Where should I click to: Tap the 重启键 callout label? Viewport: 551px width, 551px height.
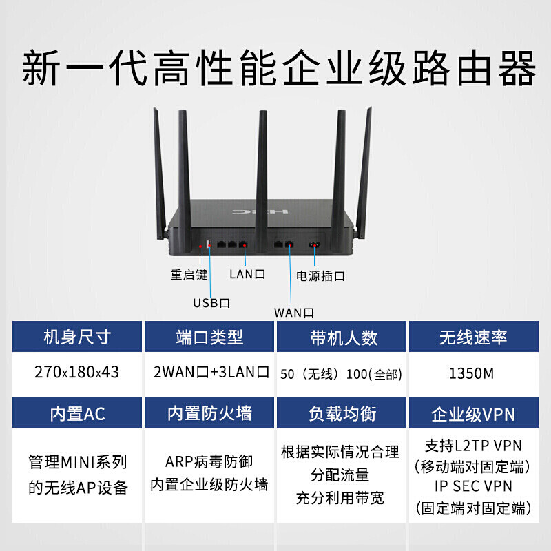[189, 273]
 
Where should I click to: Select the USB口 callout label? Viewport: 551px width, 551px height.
[211, 302]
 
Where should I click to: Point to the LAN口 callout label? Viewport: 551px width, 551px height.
[247, 273]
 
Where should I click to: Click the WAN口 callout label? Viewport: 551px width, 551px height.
[294, 312]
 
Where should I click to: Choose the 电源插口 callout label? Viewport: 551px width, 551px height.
[320, 276]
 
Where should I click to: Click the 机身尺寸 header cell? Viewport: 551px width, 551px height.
[76, 337]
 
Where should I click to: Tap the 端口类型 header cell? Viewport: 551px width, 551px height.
[209, 337]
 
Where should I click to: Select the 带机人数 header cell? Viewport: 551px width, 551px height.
[342, 337]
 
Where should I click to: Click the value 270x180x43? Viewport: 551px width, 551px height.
[76, 373]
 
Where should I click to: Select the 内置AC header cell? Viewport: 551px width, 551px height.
[76, 413]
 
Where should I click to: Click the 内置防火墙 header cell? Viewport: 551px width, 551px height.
[209, 413]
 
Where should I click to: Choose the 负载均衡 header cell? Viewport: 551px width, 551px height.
[342, 413]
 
